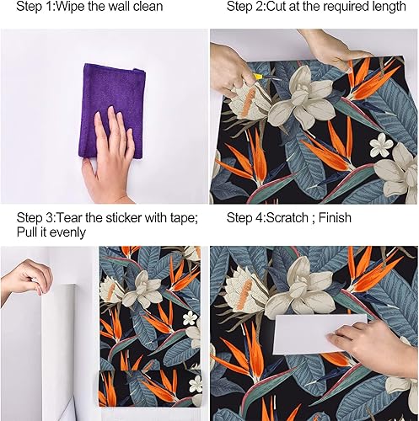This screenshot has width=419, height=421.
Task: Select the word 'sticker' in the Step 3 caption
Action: pos(130,217)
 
